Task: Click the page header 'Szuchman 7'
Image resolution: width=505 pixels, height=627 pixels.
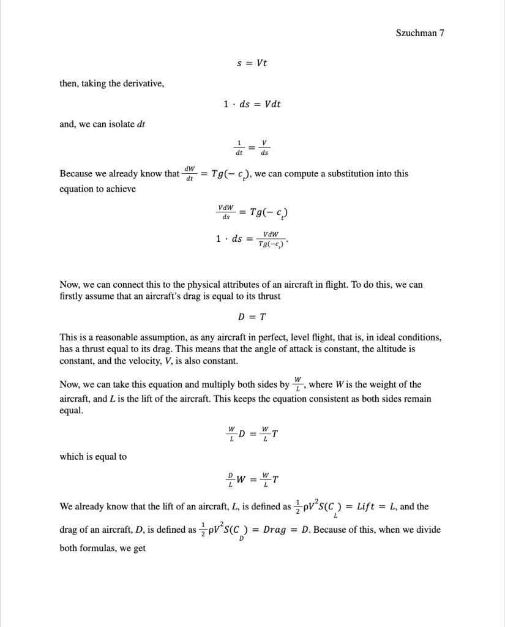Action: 419,33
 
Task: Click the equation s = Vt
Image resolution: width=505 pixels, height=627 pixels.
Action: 252,63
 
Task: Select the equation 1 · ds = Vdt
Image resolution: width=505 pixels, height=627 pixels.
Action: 252,104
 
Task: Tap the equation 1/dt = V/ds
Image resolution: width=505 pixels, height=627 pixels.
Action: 252,148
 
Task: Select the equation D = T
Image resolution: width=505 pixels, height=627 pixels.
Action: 252,317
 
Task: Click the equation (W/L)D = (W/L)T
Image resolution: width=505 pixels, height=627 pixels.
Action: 252,434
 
